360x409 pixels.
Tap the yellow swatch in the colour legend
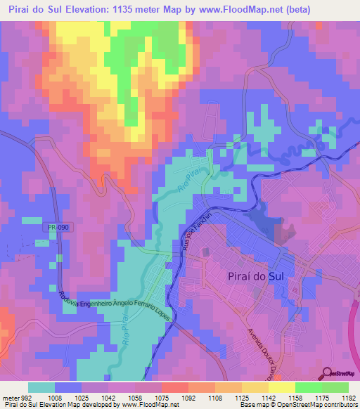click(x=281, y=387)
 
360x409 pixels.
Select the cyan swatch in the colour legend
click(x=41, y=387)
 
